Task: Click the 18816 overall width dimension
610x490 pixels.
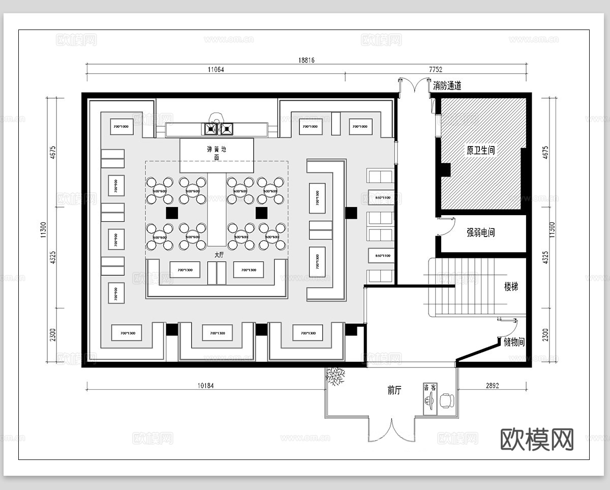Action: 306,60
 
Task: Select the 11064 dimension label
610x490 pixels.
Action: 216,70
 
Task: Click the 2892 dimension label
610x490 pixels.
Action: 492,386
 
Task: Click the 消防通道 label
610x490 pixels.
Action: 447,86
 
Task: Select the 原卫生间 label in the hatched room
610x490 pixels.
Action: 480,151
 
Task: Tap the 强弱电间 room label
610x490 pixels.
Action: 480,233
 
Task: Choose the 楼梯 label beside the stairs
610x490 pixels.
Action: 511,287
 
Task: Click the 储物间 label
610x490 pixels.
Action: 513,343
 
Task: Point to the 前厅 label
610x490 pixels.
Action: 394,391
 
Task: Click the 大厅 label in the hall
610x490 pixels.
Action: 219,254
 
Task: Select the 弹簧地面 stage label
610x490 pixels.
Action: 216,154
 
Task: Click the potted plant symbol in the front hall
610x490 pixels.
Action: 335,377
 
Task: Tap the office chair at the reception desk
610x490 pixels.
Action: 446,400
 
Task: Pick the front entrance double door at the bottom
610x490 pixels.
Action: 391,430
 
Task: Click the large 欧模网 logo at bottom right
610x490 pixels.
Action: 537,439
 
